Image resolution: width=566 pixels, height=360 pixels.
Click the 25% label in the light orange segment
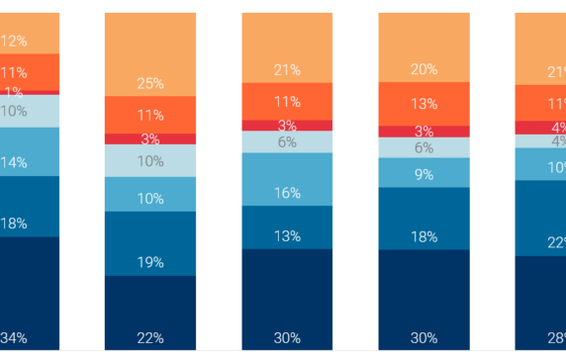150,82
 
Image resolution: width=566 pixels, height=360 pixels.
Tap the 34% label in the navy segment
14,337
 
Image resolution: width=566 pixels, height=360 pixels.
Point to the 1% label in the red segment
13,92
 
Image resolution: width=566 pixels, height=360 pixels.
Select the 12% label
14,42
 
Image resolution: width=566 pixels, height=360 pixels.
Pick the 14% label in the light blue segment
14,161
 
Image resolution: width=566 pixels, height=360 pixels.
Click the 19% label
150,263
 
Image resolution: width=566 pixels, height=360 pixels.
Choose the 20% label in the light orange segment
424,69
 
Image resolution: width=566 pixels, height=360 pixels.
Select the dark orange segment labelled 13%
424,104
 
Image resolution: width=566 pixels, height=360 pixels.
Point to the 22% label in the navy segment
150,337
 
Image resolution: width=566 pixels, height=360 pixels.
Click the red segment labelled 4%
540,128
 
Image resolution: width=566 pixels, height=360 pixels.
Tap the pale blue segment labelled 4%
540,141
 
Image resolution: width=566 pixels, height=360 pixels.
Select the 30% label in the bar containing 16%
287,337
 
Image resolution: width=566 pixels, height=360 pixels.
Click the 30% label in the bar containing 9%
424,337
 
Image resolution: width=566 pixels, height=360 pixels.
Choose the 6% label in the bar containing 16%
287,141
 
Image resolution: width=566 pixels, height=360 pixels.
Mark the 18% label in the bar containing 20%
424,236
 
